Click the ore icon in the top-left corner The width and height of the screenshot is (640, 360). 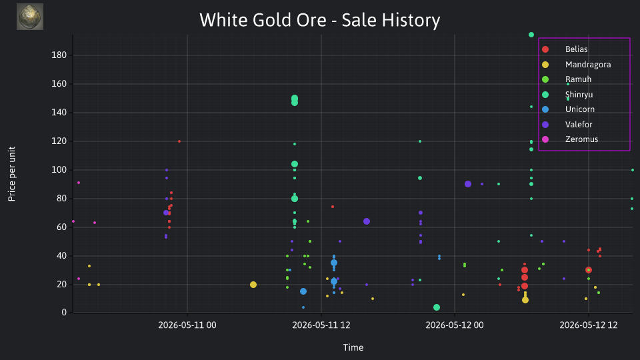(30, 17)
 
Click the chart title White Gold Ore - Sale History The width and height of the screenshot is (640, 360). (319, 20)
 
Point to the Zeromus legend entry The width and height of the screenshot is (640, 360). (570, 139)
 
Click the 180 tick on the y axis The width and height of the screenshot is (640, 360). (59, 55)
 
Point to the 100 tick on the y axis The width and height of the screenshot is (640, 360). (59, 170)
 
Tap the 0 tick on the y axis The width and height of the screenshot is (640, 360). (64, 313)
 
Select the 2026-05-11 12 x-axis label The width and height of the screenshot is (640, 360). (321, 325)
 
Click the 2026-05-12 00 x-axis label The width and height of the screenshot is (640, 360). (455, 325)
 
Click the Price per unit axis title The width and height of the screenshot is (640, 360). (12, 174)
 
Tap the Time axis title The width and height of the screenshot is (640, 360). (353, 348)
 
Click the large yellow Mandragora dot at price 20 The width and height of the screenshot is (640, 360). (253, 285)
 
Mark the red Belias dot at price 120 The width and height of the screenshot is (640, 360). (179, 141)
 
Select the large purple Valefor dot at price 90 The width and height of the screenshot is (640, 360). (468, 184)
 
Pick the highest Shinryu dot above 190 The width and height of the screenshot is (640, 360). (531, 35)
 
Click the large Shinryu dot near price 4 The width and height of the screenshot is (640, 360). (436, 307)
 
